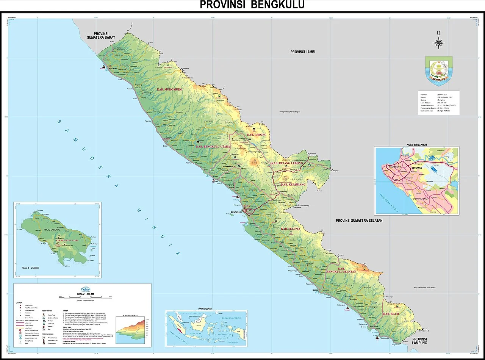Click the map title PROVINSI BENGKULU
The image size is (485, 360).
click(252, 5)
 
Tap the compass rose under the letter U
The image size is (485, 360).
click(438, 43)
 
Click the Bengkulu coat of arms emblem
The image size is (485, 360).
click(439, 71)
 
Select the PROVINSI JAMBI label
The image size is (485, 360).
click(302, 52)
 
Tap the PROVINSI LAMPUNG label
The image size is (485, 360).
click(420, 341)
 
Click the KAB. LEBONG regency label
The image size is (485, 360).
click(257, 135)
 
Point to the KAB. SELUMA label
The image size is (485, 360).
click(290, 229)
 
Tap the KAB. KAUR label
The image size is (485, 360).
click(391, 314)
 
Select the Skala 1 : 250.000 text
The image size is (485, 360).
click(30, 268)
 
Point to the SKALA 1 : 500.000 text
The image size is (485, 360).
click(86, 294)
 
